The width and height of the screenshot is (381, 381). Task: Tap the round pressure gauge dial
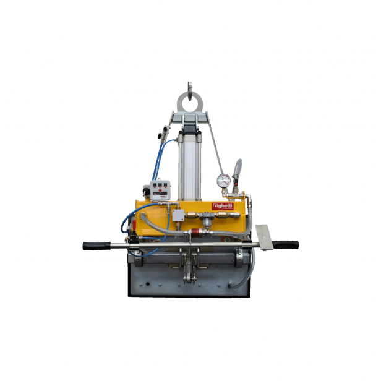pos(223,181)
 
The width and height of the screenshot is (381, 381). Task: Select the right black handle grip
pos(286,245)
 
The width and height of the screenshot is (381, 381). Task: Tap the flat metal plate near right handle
pos(264,238)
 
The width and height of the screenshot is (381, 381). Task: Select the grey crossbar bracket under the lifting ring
pos(191,118)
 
